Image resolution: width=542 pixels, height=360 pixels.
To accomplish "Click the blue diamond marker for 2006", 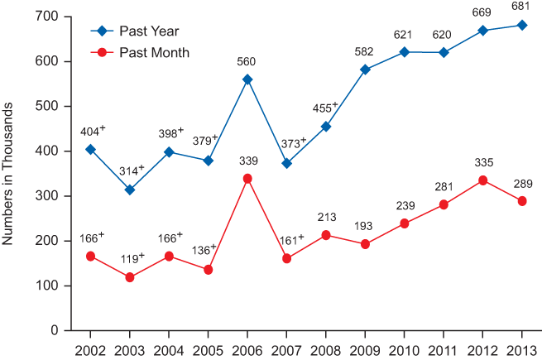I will point(247,79).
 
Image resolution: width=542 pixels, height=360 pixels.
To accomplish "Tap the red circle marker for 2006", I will point(247,178).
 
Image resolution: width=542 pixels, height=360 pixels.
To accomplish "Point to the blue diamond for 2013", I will point(522,25).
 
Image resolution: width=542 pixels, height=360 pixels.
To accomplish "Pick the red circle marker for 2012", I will point(482,180).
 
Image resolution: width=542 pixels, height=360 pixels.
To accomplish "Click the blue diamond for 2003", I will point(130,190).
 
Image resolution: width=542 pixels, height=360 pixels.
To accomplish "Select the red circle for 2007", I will point(286,258).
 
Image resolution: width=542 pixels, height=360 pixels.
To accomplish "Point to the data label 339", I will point(247,162).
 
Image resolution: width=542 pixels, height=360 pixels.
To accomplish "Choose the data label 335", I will point(482,164).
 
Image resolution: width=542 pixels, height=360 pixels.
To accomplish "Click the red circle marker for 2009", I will point(365,244).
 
